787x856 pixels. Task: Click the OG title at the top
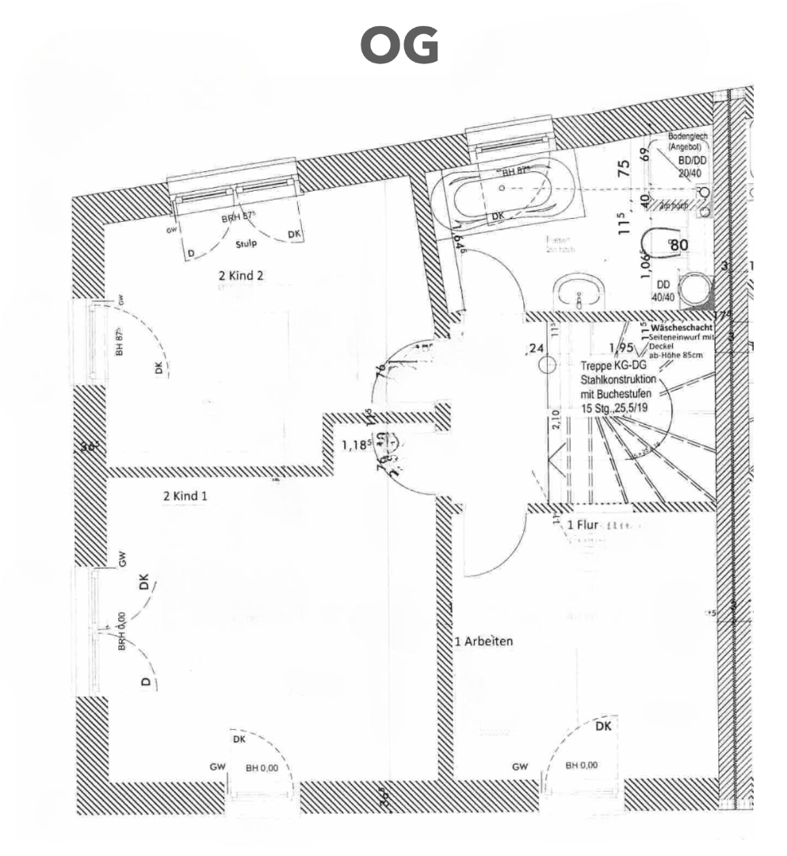click(399, 46)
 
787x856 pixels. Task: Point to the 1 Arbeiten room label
click(483, 641)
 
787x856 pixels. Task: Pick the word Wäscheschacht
click(682, 327)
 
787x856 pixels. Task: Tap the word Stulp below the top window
click(247, 245)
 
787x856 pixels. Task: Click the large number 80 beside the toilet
click(679, 245)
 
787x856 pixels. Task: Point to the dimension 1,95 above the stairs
click(621, 347)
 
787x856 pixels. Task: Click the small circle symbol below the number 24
click(547, 365)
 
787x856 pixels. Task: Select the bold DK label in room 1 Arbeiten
click(603, 726)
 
